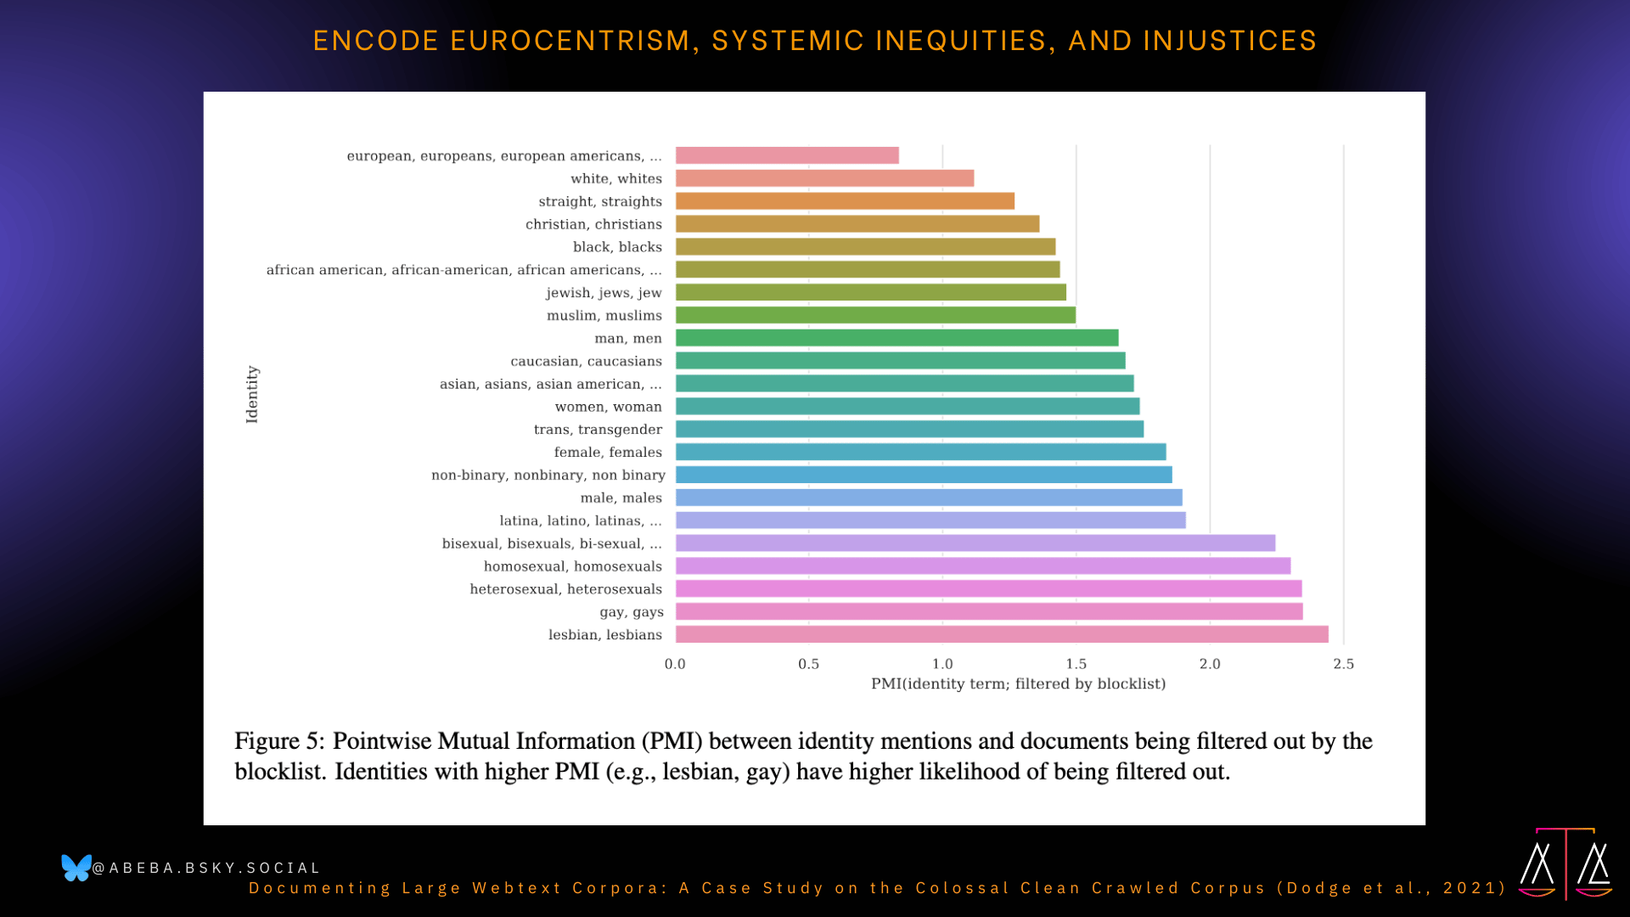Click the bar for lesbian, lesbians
coord(1002,634)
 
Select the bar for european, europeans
coord(787,155)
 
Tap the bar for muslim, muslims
coord(875,315)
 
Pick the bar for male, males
coord(929,498)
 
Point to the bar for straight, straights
coord(845,201)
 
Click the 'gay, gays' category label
coord(632,612)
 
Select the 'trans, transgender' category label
coord(598,430)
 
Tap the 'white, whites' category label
coord(616,178)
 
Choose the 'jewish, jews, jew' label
coord(604,293)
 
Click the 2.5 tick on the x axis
coord(1343,664)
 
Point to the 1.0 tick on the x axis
coord(942,664)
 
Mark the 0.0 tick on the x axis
coord(675,664)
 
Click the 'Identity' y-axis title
coord(252,394)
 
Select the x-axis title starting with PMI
coord(1018,684)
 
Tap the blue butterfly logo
coord(76,868)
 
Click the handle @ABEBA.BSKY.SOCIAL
coord(206,868)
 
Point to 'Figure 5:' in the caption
coord(279,741)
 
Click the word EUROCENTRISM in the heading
coord(570,41)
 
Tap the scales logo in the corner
coord(1565,864)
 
